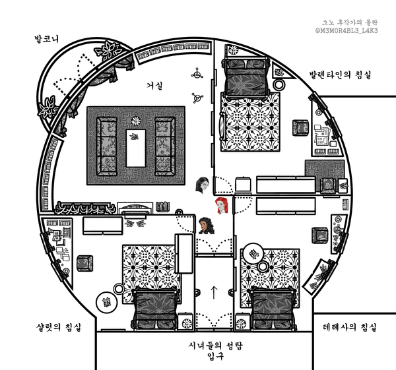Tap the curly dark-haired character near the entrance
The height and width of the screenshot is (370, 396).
pos(207,226)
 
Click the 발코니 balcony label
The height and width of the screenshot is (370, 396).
pos(48,39)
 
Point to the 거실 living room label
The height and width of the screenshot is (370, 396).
pos(154,86)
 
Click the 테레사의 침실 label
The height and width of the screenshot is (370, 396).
pos(350,328)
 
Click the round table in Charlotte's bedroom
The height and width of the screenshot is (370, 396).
pos(105,303)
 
